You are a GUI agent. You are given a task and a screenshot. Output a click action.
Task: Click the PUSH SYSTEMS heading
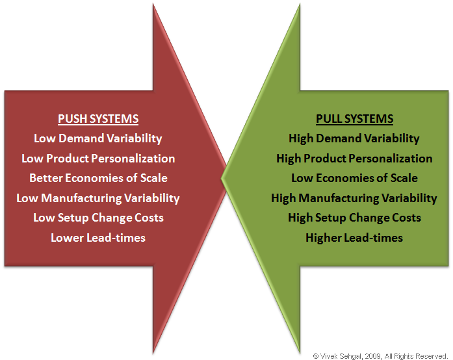point(98,119)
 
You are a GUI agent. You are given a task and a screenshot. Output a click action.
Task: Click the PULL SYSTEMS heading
point(354,119)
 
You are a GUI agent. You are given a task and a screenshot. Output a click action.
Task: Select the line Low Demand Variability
point(98,138)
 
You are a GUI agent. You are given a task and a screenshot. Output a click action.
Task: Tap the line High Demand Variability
point(354,138)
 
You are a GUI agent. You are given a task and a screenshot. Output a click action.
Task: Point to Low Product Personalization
point(98,159)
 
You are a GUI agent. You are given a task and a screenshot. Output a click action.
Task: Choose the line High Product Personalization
point(354,159)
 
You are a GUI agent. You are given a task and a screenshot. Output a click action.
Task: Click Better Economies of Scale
point(98,178)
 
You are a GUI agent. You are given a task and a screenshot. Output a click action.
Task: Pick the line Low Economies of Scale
point(354,178)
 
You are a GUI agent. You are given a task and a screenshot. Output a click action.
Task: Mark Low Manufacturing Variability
point(98,198)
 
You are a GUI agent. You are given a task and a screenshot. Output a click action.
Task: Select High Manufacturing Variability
point(354,198)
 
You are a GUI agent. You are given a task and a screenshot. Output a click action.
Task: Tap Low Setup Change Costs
point(98,218)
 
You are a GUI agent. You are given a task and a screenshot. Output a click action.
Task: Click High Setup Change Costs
point(354,218)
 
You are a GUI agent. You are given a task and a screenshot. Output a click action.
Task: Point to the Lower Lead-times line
point(98,238)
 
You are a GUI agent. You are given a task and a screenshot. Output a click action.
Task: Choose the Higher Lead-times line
point(354,238)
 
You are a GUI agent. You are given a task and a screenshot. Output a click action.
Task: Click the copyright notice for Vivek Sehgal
point(381,355)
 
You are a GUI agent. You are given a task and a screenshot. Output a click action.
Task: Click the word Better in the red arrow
point(45,178)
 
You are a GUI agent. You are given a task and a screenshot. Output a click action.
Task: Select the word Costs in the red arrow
point(148,218)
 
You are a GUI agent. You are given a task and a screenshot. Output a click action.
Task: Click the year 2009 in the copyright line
point(375,355)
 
